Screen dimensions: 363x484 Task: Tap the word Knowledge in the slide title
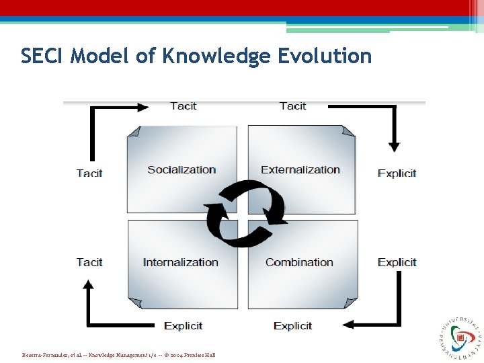216,56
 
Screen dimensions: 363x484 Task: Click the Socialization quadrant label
182,169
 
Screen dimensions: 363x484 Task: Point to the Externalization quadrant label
300,169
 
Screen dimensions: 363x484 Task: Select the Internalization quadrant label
180,262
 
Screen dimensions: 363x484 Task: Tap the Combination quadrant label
299,262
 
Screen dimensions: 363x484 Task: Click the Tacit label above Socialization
184,106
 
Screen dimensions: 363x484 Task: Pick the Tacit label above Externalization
292,106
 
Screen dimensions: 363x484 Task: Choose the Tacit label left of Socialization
89,173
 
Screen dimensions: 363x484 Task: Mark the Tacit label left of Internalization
89,262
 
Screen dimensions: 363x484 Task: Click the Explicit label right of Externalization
397,173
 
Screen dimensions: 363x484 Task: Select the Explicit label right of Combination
397,262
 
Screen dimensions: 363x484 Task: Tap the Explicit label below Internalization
183,325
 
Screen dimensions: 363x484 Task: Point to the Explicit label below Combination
292,325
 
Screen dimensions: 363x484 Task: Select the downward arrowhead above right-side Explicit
394,146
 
